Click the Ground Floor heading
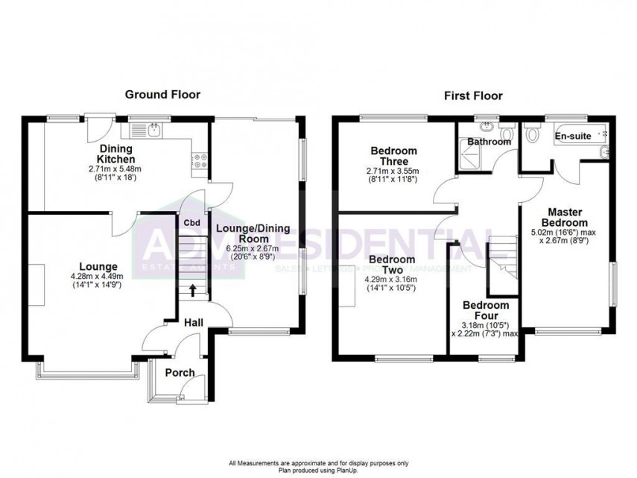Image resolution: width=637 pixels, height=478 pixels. tap(162, 95)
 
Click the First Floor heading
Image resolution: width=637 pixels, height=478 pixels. tap(473, 95)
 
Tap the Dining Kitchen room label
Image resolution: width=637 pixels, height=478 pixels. tap(118, 154)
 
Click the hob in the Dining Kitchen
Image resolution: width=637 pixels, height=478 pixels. tap(200, 159)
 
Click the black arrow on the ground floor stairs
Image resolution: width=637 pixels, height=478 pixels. tap(194, 290)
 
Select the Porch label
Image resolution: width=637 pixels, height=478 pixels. tap(180, 372)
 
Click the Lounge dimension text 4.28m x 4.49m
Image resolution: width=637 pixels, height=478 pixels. tap(100, 276)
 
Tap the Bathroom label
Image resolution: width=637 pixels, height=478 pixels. tap(489, 142)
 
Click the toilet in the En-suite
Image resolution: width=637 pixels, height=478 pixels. tap(532, 134)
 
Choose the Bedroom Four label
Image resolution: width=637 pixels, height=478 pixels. tap(486, 311)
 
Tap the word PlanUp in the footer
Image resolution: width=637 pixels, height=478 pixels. tap(338, 469)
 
